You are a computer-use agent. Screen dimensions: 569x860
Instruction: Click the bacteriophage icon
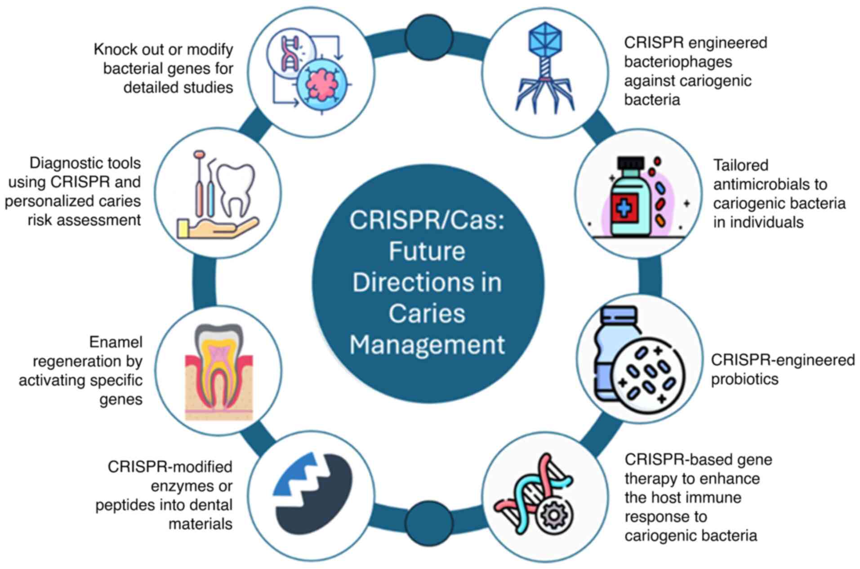pyautogui.click(x=545, y=67)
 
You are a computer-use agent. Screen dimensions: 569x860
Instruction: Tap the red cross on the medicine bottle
pyautogui.click(x=624, y=208)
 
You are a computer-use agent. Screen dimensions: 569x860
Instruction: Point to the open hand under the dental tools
pyautogui.click(x=220, y=227)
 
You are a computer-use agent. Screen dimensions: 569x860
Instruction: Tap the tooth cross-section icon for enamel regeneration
pyautogui.click(x=219, y=371)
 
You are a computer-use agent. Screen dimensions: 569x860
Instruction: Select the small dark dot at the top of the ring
pyautogui.click(x=428, y=37)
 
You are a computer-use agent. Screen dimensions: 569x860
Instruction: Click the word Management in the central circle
pyautogui.click(x=427, y=345)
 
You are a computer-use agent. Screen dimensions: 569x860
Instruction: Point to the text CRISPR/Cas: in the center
pyautogui.click(x=427, y=220)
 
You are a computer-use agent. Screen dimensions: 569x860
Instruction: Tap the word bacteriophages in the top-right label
pyautogui.click(x=678, y=62)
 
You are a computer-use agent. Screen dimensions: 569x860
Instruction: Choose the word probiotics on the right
pyautogui.click(x=744, y=379)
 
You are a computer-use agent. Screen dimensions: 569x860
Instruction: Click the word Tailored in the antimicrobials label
pyautogui.click(x=740, y=165)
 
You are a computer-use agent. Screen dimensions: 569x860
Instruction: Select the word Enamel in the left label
pyautogui.click(x=116, y=342)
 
